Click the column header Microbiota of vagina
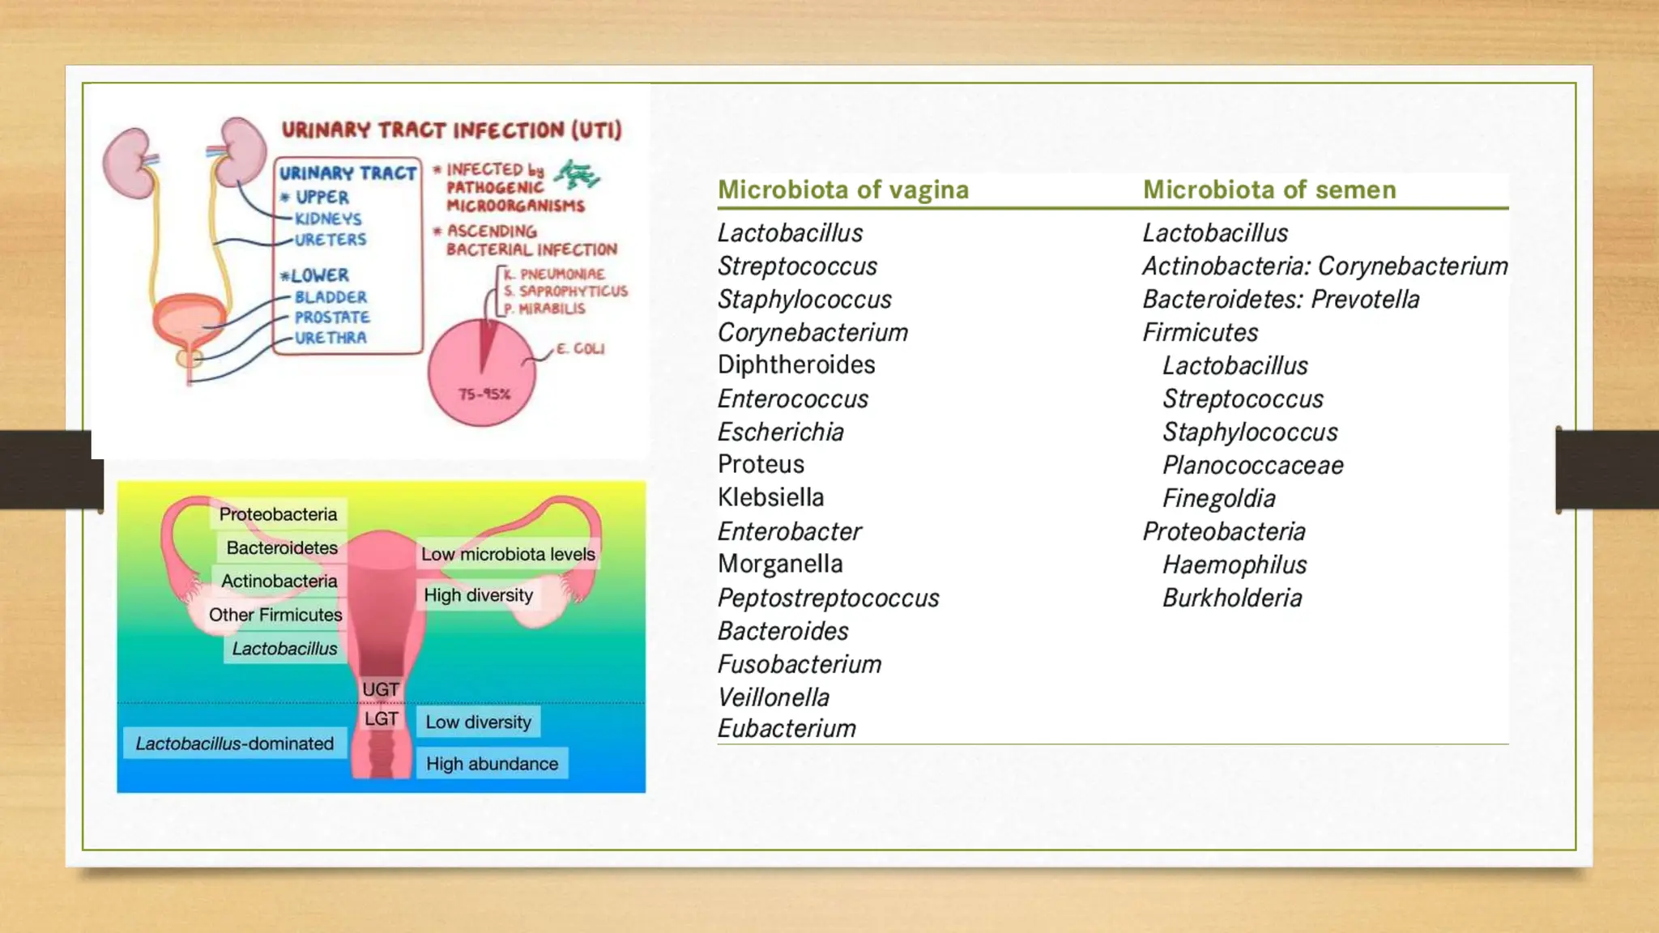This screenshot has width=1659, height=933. click(x=842, y=190)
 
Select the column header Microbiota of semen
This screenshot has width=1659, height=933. click(x=1269, y=190)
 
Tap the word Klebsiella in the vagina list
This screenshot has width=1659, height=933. click(x=770, y=497)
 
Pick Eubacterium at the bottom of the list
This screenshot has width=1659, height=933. click(x=786, y=728)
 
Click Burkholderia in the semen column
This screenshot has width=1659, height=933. click(x=1231, y=598)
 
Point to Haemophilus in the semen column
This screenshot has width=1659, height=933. click(x=1234, y=564)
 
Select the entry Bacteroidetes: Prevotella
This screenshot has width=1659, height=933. click(x=1280, y=299)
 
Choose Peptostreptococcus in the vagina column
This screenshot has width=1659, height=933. click(x=828, y=598)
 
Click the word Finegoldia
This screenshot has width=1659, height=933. click(x=1218, y=498)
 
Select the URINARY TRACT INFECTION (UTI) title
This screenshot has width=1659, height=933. click(x=451, y=130)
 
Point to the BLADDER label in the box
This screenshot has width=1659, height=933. click(x=331, y=297)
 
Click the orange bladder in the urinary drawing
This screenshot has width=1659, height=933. click(x=190, y=318)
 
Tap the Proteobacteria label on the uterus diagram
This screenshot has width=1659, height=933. click(x=278, y=514)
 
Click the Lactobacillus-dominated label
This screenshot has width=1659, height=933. click(x=234, y=743)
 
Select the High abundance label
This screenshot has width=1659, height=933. click(x=492, y=764)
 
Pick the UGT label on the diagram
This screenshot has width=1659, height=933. click(x=380, y=689)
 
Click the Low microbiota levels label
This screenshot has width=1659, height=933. click(x=508, y=554)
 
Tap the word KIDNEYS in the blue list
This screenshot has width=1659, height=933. click(x=328, y=219)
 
